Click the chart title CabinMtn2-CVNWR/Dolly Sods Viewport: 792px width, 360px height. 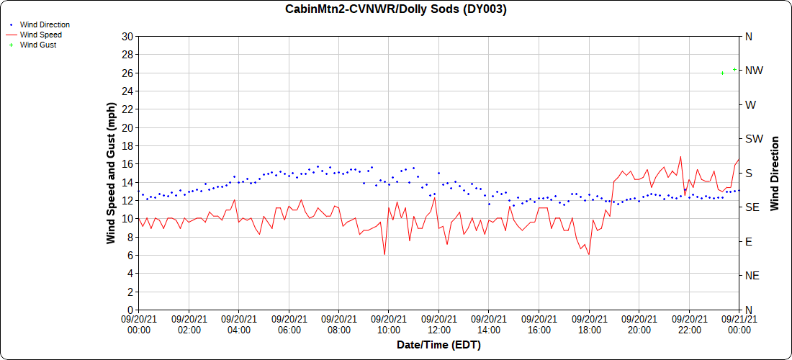click(395, 9)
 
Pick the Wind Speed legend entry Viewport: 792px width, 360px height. click(40, 35)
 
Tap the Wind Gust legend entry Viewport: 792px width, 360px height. click(38, 45)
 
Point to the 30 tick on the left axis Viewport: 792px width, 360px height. click(127, 37)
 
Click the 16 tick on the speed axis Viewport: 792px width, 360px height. click(127, 164)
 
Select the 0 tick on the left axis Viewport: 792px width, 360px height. click(130, 310)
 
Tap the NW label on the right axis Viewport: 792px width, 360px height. click(753, 71)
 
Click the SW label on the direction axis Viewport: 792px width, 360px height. click(754, 139)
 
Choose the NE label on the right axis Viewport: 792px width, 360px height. click(752, 276)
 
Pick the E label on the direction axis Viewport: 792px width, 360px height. click(748, 241)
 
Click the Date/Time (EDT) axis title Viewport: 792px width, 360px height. click(438, 345)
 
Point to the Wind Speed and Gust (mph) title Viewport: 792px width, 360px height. click(111, 173)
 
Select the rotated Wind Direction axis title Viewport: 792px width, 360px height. click(775, 173)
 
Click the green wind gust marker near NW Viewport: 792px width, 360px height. click(734, 70)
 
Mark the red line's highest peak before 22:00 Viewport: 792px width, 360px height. click(680, 157)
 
